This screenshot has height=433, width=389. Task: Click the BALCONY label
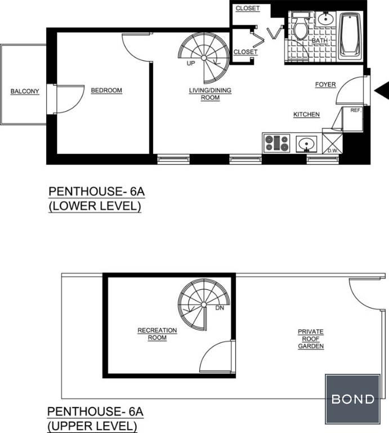coord(25,91)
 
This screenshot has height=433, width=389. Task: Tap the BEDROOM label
coord(106,90)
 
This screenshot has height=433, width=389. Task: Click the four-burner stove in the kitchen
coord(276,143)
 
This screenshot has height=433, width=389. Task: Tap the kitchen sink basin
coord(306,144)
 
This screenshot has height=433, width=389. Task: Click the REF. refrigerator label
coord(356,110)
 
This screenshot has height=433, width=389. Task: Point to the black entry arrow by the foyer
coord(382,91)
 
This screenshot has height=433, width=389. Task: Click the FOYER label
coord(325,85)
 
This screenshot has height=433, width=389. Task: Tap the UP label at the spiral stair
coord(191,63)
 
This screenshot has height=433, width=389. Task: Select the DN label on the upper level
coord(220,308)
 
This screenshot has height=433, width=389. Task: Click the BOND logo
coord(352,399)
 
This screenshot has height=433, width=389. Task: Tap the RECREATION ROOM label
coord(157,334)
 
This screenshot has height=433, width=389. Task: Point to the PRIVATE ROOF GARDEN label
coord(311,338)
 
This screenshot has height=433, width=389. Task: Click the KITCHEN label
coord(306,114)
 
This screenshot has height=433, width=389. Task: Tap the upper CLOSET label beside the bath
coord(248,8)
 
